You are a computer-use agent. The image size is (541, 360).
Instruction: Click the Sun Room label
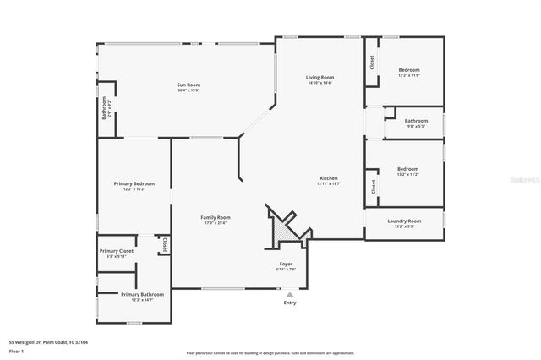pyautogui.click(x=189, y=85)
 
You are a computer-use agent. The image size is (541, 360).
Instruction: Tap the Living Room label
pyautogui.click(x=320, y=77)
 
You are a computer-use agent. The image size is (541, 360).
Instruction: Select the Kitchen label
pyautogui.click(x=329, y=178)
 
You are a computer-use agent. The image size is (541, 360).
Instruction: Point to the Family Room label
pyautogui.click(x=216, y=217)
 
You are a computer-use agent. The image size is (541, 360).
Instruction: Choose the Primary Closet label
pyautogui.click(x=117, y=251)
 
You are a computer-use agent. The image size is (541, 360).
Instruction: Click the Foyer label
pyautogui.click(x=287, y=264)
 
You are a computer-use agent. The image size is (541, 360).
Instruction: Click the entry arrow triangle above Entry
pyautogui.click(x=290, y=293)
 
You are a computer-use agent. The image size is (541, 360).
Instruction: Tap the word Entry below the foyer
pyautogui.click(x=290, y=303)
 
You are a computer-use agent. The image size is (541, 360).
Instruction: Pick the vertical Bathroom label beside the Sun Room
pyautogui.click(x=105, y=109)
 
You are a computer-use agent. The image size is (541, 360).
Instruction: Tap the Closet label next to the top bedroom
pyautogui.click(x=371, y=63)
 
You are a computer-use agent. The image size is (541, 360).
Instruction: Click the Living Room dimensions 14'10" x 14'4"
pyautogui.click(x=320, y=83)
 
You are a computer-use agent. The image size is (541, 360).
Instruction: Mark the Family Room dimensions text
pyautogui.click(x=216, y=223)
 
